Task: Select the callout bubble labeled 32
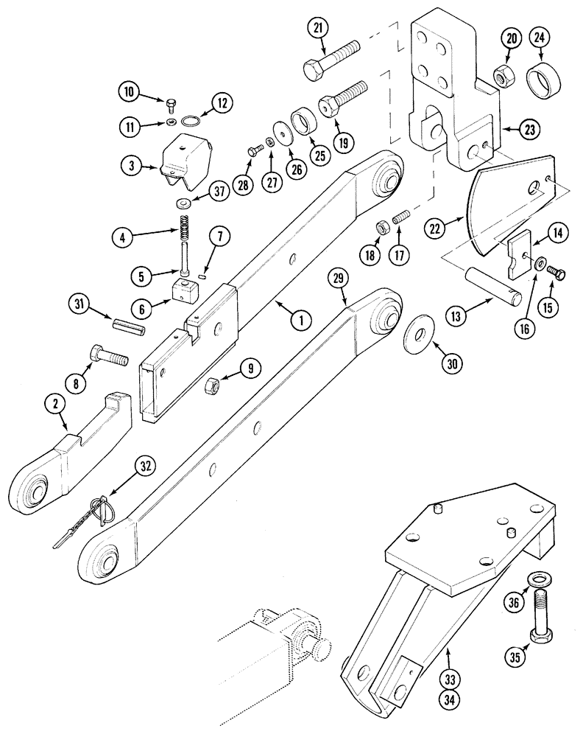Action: (145, 465)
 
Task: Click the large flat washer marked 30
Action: (419, 327)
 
